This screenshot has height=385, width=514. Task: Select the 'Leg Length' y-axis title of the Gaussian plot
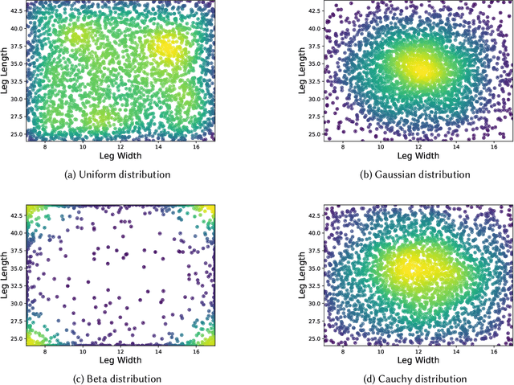pos(302,71)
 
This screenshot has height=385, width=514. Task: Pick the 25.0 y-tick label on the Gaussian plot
pos(313,133)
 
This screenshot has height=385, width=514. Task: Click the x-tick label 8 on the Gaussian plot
pos(343,145)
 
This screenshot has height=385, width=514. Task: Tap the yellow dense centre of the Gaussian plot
pos(419,70)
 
